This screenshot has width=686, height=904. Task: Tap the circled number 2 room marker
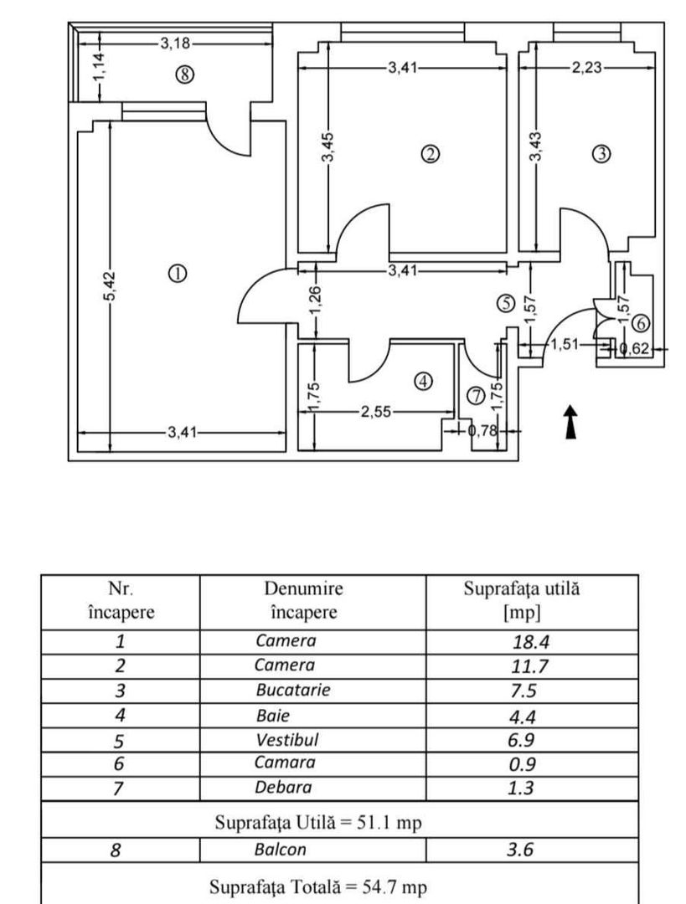(x=430, y=154)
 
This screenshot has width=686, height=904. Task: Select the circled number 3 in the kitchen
(x=601, y=154)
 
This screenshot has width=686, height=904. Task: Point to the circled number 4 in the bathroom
(x=424, y=381)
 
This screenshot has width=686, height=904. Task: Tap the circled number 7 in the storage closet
(x=476, y=396)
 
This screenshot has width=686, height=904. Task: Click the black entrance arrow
(x=570, y=423)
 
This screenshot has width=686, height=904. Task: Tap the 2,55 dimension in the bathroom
(x=375, y=412)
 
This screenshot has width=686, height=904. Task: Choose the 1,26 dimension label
(x=315, y=300)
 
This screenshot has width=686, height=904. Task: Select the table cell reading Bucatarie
(x=292, y=691)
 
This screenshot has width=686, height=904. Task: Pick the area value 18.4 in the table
(x=530, y=642)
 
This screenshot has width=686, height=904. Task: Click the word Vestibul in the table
(x=287, y=739)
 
